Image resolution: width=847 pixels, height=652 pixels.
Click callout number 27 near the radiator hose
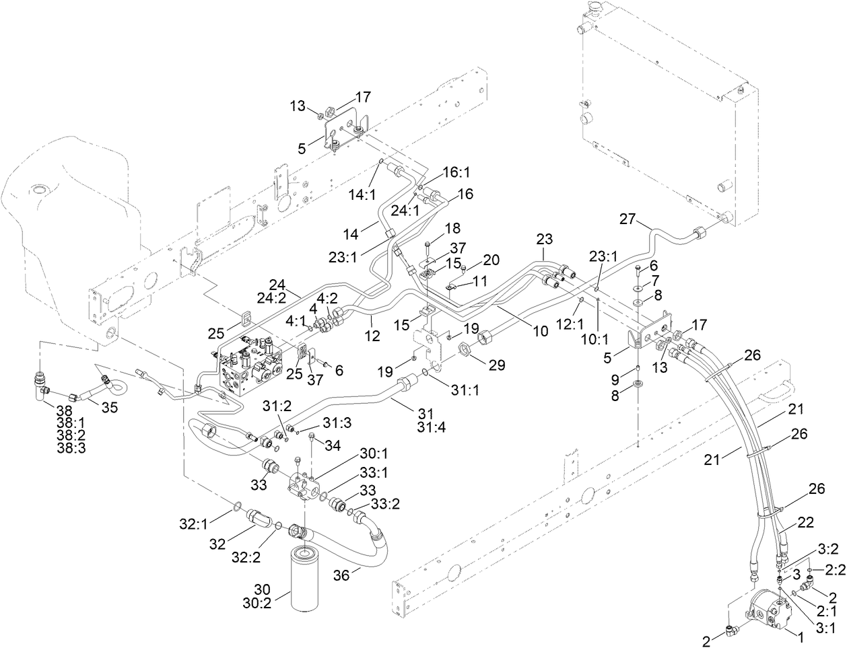click(x=627, y=219)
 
